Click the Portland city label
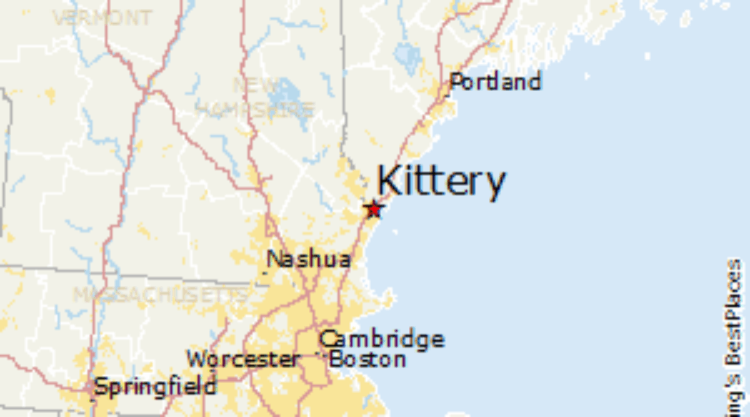(495, 82)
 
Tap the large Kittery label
(441, 181)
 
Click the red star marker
(373, 208)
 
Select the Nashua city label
(308, 259)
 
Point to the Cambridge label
(382, 339)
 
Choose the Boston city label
(367, 359)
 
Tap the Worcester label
(243, 360)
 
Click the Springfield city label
(155, 387)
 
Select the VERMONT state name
(102, 18)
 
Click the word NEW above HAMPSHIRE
(256, 85)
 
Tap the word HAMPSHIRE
(254, 109)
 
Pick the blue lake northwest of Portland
(407, 58)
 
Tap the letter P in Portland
(457, 82)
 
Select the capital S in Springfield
(101, 387)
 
